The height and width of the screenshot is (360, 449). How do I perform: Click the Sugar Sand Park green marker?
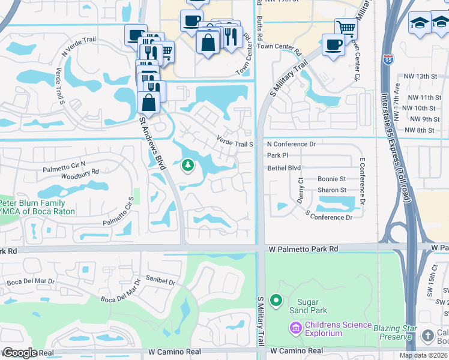pyautogui.click(x=276, y=299)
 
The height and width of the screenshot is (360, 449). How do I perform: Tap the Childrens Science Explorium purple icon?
pyautogui.click(x=295, y=328)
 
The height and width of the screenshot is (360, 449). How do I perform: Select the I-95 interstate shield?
pyautogui.click(x=387, y=60)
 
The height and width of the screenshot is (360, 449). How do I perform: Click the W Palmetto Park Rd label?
pyautogui.click(x=303, y=248)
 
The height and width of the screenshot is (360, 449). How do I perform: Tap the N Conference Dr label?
pyautogui.click(x=291, y=145)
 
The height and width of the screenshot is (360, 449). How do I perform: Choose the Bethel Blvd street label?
pyautogui.click(x=284, y=169)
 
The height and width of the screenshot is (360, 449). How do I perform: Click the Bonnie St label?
pyautogui.click(x=332, y=179)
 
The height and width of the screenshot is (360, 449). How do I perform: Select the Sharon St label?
pyautogui.click(x=332, y=190)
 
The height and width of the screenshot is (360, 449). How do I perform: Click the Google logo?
pyautogui.click(x=19, y=353)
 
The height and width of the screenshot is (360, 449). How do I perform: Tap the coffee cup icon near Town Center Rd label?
pyautogui.click(x=333, y=44)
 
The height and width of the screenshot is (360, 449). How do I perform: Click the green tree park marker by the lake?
pyautogui.click(x=188, y=165)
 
